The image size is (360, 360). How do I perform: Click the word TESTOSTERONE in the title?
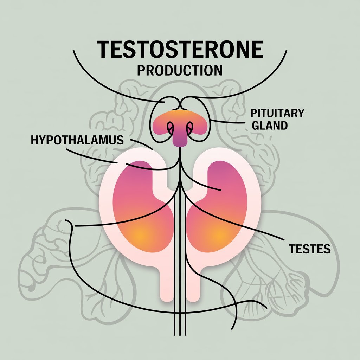[x=180, y=49]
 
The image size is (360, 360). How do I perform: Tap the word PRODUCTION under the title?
[x=180, y=70]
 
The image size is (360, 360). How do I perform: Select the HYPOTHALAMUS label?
[x=77, y=140]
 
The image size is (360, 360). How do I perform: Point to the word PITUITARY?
[x=277, y=113]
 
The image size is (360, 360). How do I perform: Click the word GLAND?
[x=270, y=126]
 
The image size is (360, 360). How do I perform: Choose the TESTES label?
[x=309, y=249]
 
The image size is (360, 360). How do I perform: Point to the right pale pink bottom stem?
[x=193, y=285]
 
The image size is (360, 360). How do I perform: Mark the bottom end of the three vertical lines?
[x=180, y=335]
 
